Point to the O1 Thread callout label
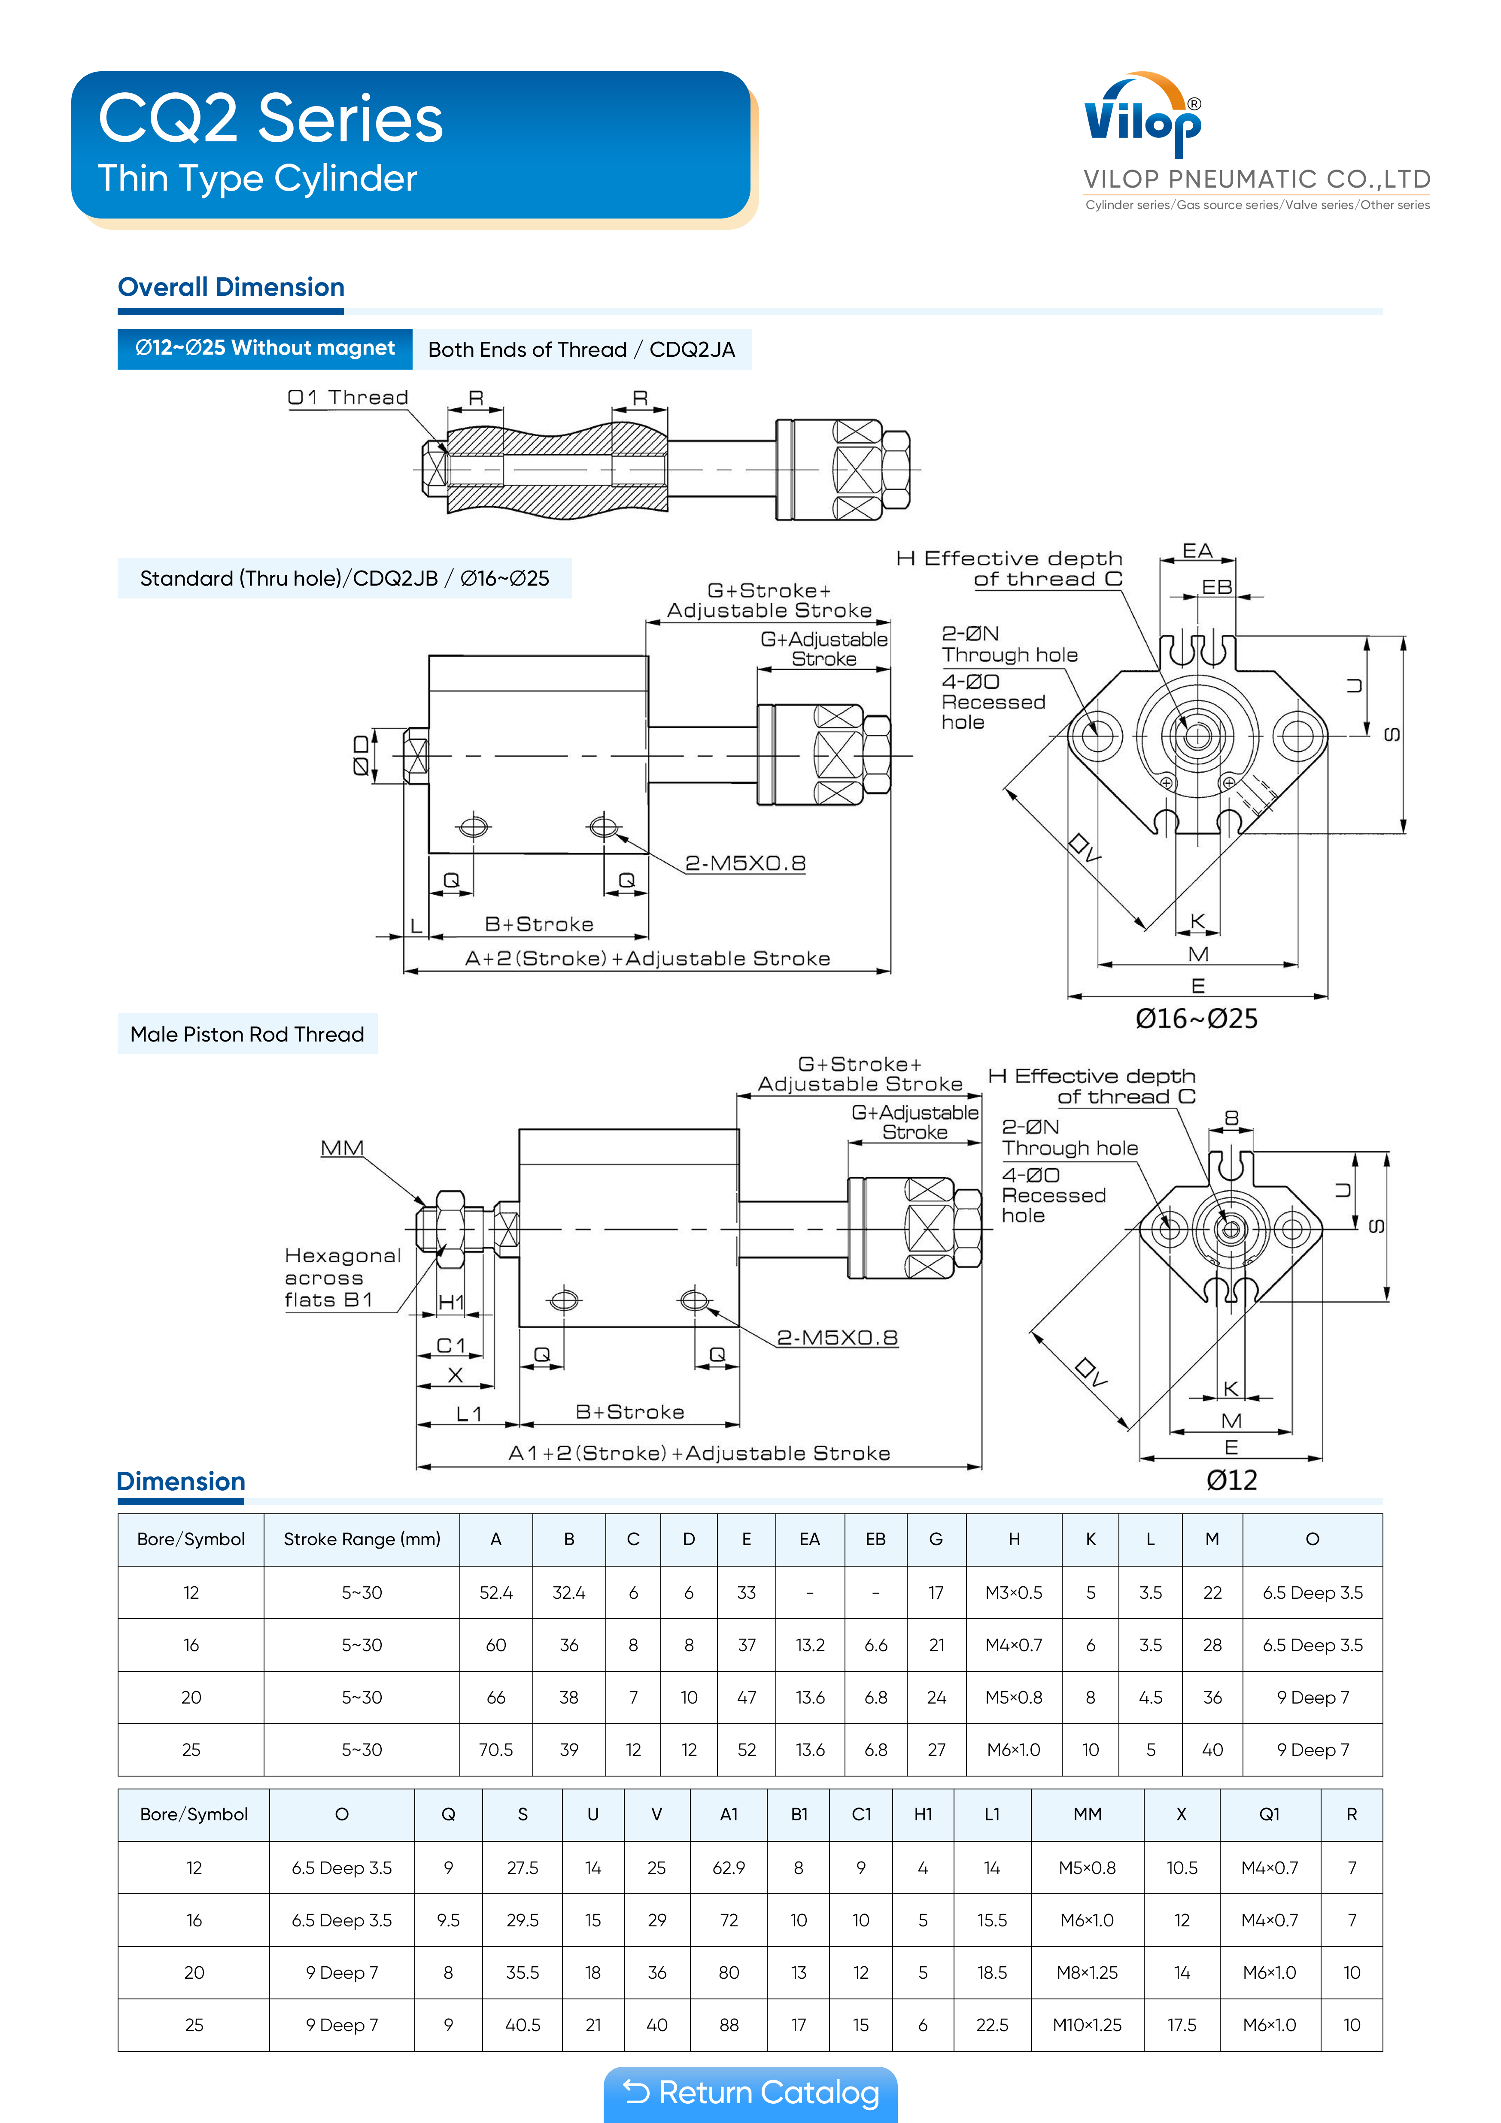348,398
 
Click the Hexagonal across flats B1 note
342,1278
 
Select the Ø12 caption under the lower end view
1231,1480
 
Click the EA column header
809,1540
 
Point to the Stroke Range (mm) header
362,1540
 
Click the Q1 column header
1269,1814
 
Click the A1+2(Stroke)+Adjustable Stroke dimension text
699,1454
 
